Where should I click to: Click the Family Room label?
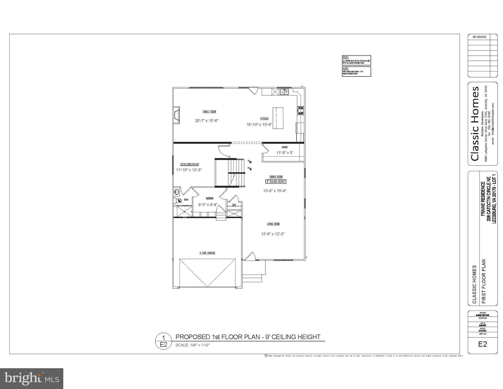coord(209,112)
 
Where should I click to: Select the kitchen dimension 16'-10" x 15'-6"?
coord(259,125)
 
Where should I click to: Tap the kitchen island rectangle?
coord(278,118)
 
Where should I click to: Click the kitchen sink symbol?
coord(284,92)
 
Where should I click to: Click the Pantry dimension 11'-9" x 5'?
coord(285,153)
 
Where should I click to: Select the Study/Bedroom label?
coord(189,164)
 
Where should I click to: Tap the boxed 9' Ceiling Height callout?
coord(276,182)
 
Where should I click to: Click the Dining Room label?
coord(276,177)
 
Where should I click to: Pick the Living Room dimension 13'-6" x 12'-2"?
coord(273,234)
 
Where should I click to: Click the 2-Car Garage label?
coord(207,253)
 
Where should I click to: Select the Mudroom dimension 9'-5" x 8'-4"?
coord(208,205)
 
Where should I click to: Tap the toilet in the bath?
coord(178,201)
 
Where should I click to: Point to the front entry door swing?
coord(250,257)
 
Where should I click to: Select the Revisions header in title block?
coord(479,37)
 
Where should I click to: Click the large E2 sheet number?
coord(482,344)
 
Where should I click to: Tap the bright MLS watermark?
coord(32,378)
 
